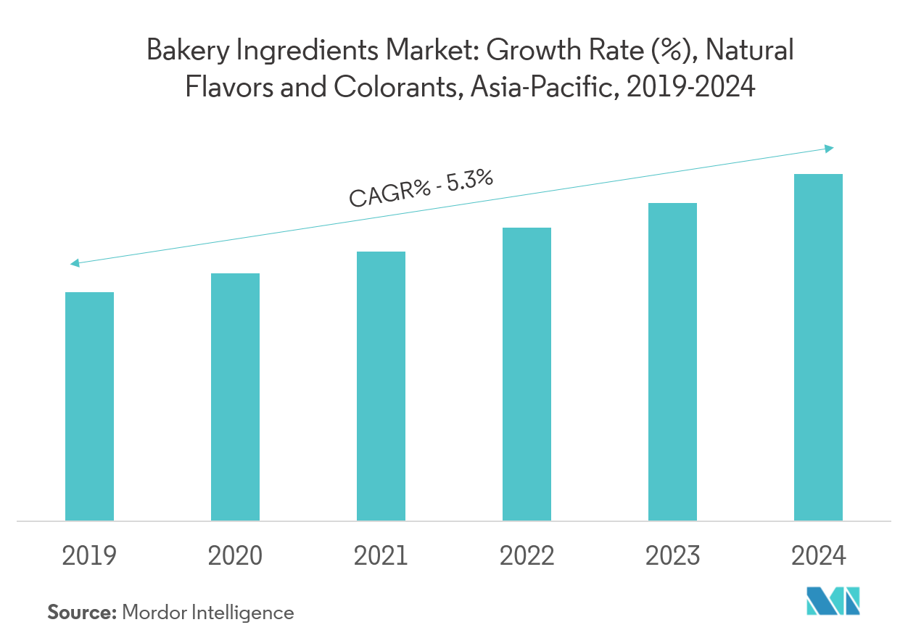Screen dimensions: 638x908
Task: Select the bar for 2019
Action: [x=89, y=406]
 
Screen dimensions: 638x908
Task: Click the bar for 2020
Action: [x=235, y=397]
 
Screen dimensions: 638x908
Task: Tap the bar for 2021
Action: [x=381, y=386]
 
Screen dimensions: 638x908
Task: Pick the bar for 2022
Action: [x=527, y=373]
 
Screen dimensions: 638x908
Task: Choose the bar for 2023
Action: [x=672, y=362]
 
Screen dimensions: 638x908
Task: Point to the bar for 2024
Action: [x=818, y=347]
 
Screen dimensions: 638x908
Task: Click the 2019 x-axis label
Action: [x=89, y=556]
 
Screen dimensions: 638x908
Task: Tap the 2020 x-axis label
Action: [x=235, y=556]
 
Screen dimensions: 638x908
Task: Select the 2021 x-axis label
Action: [x=381, y=556]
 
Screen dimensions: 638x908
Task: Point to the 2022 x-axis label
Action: [x=527, y=556]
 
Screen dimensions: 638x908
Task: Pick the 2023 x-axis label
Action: [x=672, y=556]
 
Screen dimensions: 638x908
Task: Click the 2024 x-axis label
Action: [x=818, y=556]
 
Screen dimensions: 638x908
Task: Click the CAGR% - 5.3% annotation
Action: [x=421, y=188]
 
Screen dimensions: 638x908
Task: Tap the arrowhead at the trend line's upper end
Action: [x=829, y=149]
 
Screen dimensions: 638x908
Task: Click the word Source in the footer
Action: [x=82, y=613]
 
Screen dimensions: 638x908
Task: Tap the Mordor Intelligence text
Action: [x=208, y=613]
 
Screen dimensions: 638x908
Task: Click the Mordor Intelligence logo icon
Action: [x=833, y=601]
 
